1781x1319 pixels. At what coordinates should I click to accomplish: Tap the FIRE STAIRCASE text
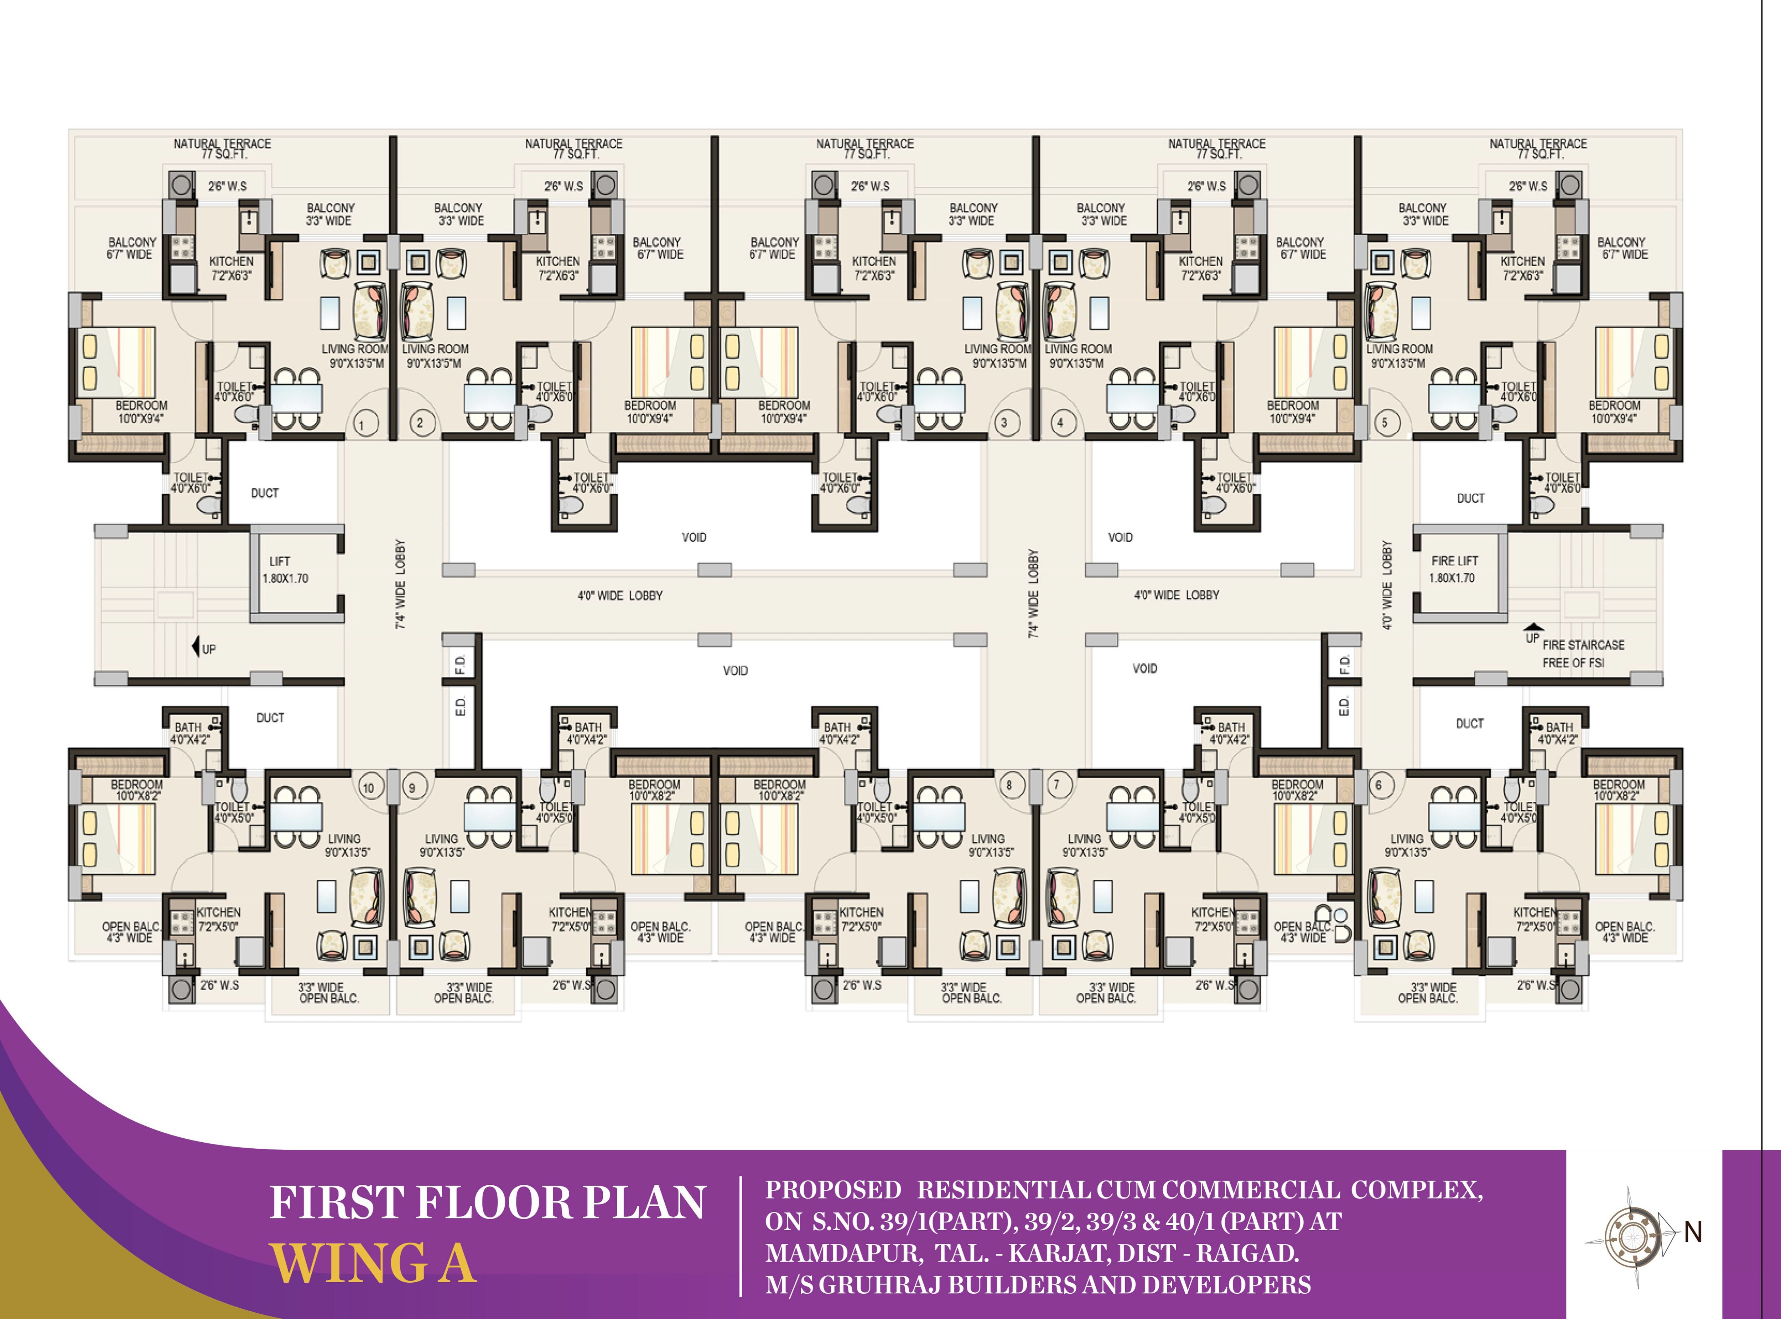(1583, 644)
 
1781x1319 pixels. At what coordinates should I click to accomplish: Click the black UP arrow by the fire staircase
(1532, 627)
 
